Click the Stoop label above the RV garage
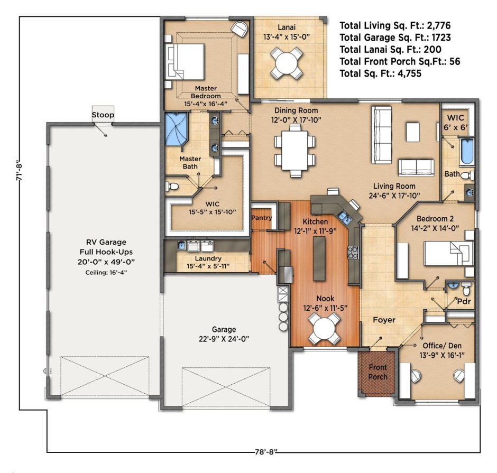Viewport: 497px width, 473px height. click(x=103, y=115)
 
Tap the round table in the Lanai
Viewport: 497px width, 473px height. click(x=286, y=63)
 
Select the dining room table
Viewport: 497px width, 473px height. click(x=295, y=151)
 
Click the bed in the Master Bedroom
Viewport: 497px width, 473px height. click(x=185, y=61)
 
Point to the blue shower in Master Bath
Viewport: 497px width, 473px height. click(x=176, y=129)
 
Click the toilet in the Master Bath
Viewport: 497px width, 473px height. click(x=172, y=186)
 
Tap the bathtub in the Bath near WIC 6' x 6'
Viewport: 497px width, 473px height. click(x=467, y=152)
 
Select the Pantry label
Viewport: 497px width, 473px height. click(x=262, y=218)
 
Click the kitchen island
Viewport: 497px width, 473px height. click(x=319, y=259)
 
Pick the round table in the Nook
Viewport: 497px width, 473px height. click(x=324, y=329)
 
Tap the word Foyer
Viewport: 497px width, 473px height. click(x=384, y=320)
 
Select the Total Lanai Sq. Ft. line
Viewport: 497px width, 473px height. click(x=391, y=50)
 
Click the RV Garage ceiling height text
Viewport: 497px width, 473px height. click(x=106, y=273)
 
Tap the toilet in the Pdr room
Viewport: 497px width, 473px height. click(x=466, y=288)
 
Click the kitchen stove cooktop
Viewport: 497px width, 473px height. click(x=353, y=253)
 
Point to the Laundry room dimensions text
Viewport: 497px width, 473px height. click(x=208, y=266)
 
